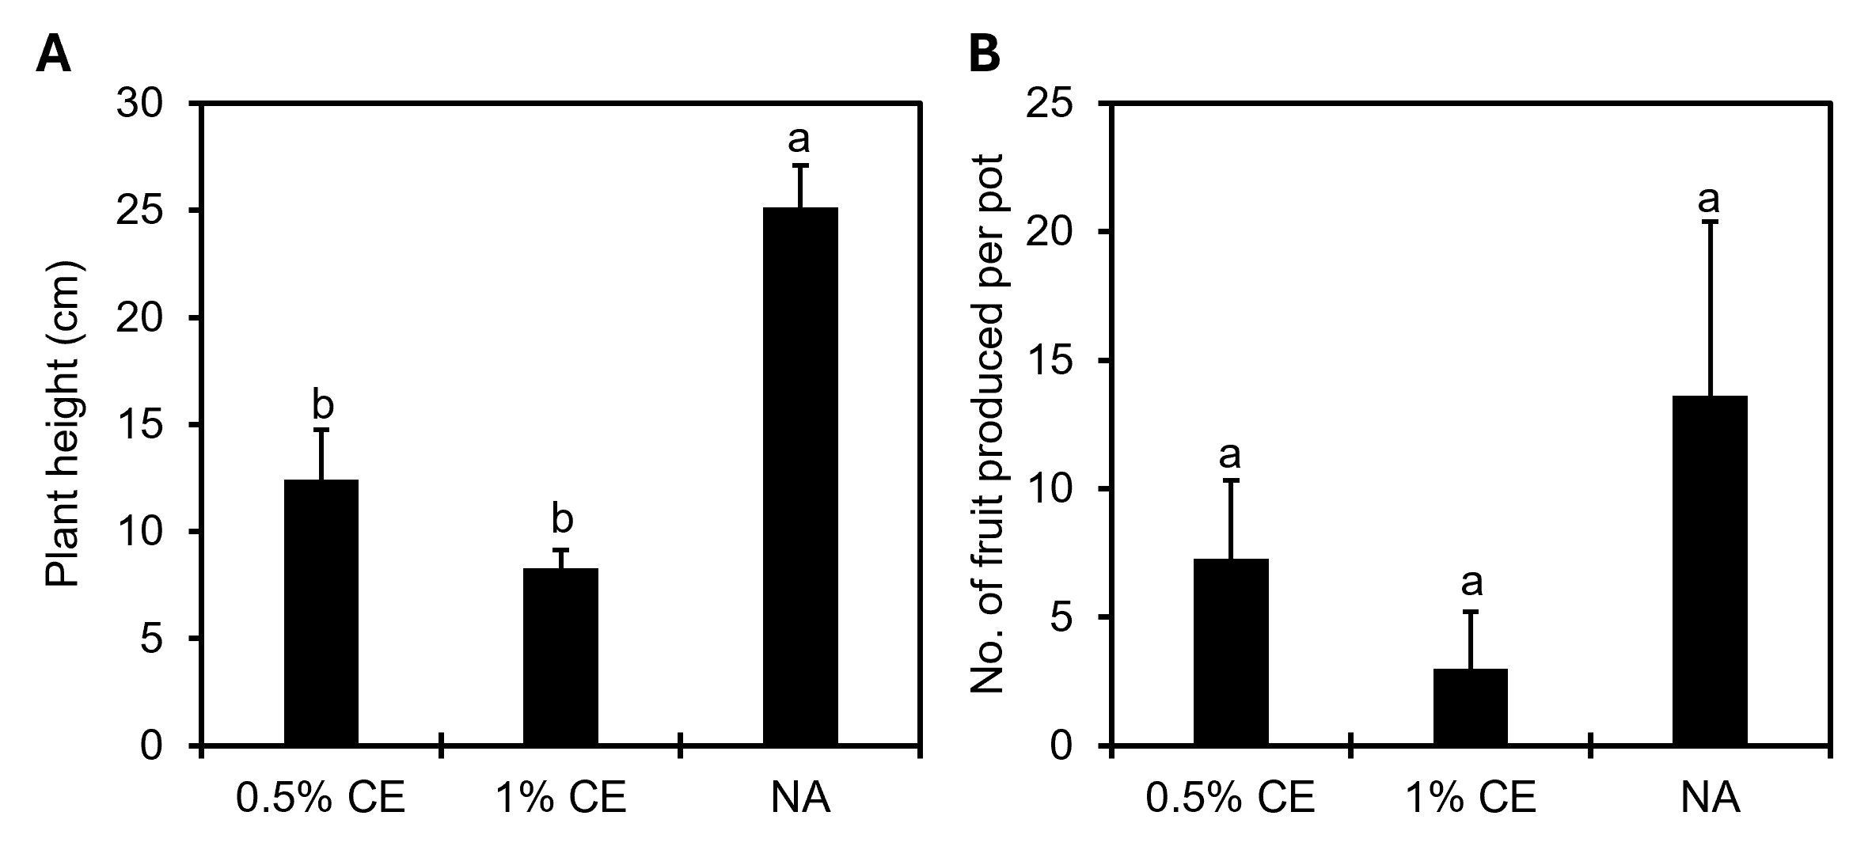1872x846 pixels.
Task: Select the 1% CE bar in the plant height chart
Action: pos(560,657)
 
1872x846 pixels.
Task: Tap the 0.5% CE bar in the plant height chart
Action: pos(321,613)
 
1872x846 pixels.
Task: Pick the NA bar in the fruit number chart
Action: pos(1710,571)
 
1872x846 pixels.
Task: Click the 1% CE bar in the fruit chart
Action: pos(1470,707)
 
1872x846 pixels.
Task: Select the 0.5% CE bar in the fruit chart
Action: pos(1231,652)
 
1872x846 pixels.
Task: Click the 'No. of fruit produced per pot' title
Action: pos(987,424)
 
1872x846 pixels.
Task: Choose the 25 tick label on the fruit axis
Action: pos(1049,104)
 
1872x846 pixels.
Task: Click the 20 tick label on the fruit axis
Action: pos(1049,233)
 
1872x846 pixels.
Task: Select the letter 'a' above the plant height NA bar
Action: pos(799,139)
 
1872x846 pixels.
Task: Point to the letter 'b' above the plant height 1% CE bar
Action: pos(561,519)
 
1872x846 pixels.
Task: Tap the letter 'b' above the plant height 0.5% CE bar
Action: pos(322,405)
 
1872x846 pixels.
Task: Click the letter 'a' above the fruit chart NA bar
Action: pos(1710,200)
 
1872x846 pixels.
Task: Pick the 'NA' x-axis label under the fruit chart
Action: pos(1710,799)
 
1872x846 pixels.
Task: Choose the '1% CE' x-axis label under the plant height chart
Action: pos(560,799)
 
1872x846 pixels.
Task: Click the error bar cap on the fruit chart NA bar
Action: pos(1710,222)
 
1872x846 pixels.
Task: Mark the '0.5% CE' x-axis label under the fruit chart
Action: pos(1231,799)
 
